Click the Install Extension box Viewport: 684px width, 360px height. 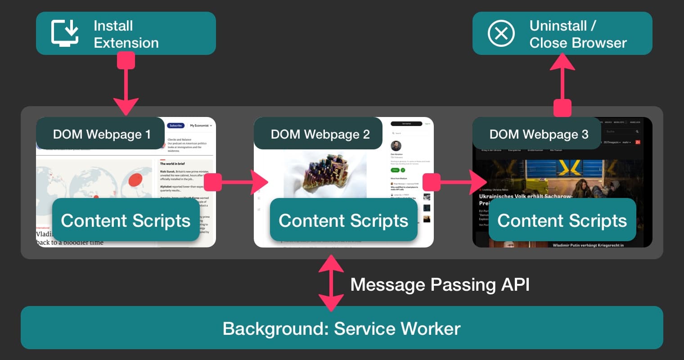click(x=126, y=34)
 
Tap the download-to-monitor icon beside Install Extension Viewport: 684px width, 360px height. click(x=65, y=33)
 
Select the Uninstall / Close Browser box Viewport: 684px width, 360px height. click(x=562, y=34)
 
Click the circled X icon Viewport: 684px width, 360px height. click(x=501, y=33)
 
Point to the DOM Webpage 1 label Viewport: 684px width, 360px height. click(x=101, y=134)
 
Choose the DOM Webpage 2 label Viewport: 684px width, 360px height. click(x=319, y=134)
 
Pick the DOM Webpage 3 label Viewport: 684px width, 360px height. click(x=538, y=134)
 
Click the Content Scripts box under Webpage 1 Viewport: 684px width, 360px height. click(x=126, y=220)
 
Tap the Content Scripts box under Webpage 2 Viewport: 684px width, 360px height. click(x=343, y=220)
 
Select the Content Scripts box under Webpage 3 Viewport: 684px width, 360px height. click(x=562, y=220)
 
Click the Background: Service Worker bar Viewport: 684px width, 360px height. click(x=342, y=328)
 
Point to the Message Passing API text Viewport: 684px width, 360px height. click(x=440, y=284)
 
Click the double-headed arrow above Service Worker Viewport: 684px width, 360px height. click(x=331, y=283)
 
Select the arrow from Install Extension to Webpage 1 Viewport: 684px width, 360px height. click(x=126, y=85)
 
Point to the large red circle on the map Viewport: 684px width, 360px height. click(x=135, y=180)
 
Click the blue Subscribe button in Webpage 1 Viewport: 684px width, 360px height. click(x=175, y=126)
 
